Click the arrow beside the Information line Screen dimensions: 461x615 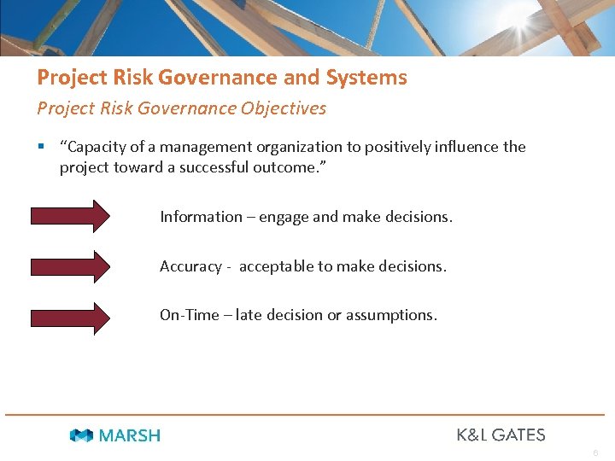pyautogui.click(x=71, y=216)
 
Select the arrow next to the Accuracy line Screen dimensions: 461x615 pyautogui.click(x=71, y=266)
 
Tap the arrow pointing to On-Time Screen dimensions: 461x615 pyautogui.click(x=71, y=316)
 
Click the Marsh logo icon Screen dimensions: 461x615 pyautogui.click(x=82, y=435)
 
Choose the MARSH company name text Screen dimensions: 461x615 pyautogui.click(x=129, y=435)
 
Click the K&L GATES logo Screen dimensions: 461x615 pyautogui.click(x=501, y=435)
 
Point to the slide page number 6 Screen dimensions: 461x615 pyautogui.click(x=595, y=453)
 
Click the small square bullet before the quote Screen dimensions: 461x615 pyautogui.click(x=40, y=147)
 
